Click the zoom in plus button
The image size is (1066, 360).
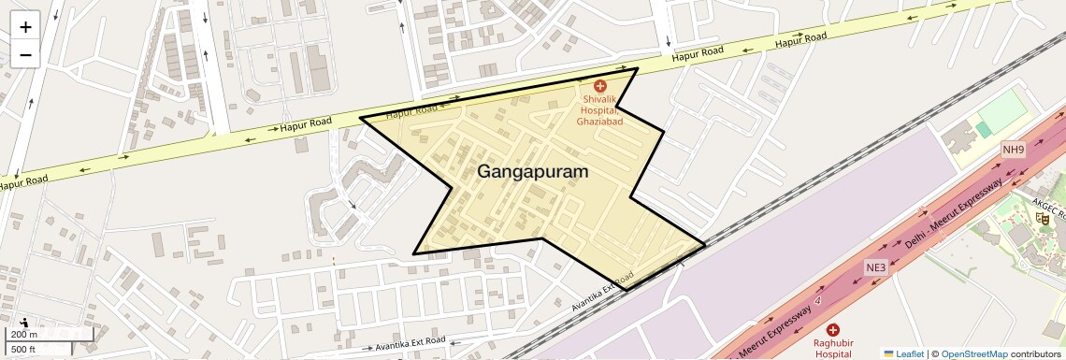point(25,25)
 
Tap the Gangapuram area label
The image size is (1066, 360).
point(533,172)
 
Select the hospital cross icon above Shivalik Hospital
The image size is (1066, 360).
point(600,86)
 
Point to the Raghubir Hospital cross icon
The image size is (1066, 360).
point(833,329)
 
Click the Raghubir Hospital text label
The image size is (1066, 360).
point(832,348)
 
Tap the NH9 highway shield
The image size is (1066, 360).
point(1013,150)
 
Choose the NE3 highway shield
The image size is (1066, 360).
point(875,266)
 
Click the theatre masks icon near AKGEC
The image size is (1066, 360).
point(1042,218)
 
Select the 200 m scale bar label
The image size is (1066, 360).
point(24,335)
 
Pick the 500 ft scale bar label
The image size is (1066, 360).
point(23,349)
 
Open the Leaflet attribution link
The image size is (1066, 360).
point(903,353)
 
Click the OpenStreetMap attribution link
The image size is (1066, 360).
point(973,353)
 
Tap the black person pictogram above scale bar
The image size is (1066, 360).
point(23,322)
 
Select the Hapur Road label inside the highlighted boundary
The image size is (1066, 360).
point(411,112)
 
